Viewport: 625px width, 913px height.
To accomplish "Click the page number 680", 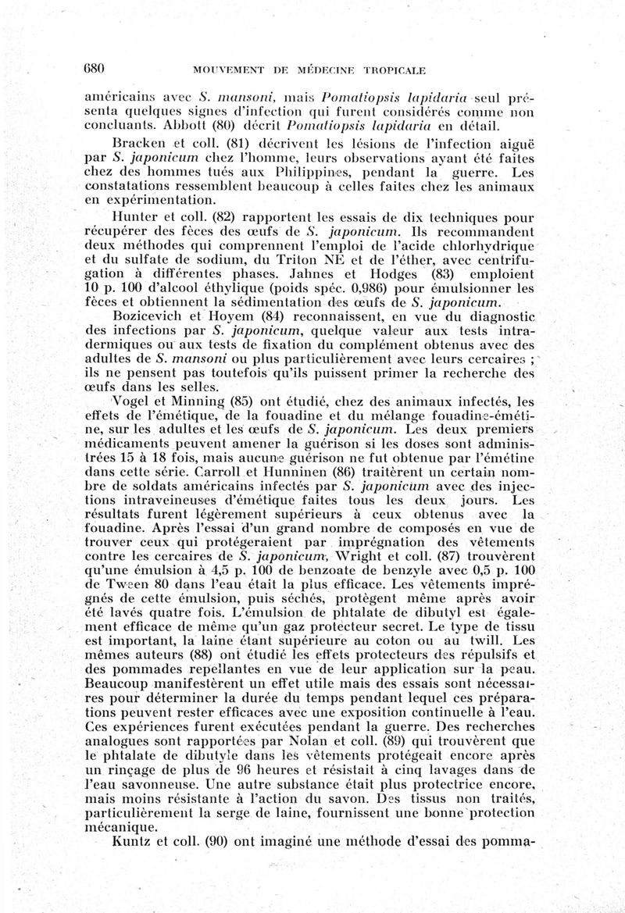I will (94, 68).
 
